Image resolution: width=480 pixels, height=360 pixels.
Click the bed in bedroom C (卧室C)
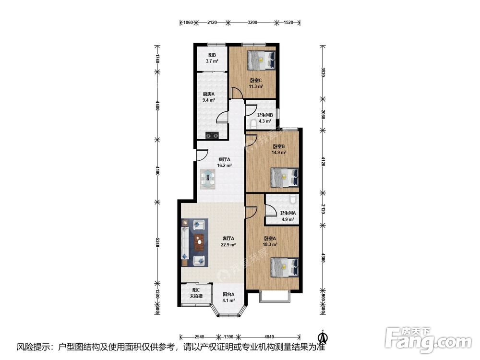click(x=261, y=59)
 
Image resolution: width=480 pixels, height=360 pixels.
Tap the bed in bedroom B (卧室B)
click(x=284, y=178)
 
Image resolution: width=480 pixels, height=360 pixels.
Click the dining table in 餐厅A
click(x=208, y=179)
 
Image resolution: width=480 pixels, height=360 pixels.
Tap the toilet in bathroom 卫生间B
click(x=253, y=124)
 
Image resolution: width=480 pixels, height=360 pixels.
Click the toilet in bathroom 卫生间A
click(x=292, y=199)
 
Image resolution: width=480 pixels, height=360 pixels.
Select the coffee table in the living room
click(x=200, y=241)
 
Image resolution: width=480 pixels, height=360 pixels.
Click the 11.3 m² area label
click(x=256, y=86)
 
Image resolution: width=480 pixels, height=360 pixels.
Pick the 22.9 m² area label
click(x=228, y=245)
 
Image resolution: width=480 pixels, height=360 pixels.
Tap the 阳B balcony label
click(x=212, y=55)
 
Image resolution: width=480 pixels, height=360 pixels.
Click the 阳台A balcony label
click(x=228, y=295)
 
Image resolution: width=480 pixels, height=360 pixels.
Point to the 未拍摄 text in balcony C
click(x=196, y=296)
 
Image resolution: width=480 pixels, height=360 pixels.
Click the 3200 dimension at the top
click(x=252, y=23)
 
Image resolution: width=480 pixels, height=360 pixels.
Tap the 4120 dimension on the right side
click(x=323, y=162)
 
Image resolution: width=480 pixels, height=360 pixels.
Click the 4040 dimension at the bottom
click(x=269, y=337)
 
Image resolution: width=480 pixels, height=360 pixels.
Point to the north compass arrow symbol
click(x=323, y=337)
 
